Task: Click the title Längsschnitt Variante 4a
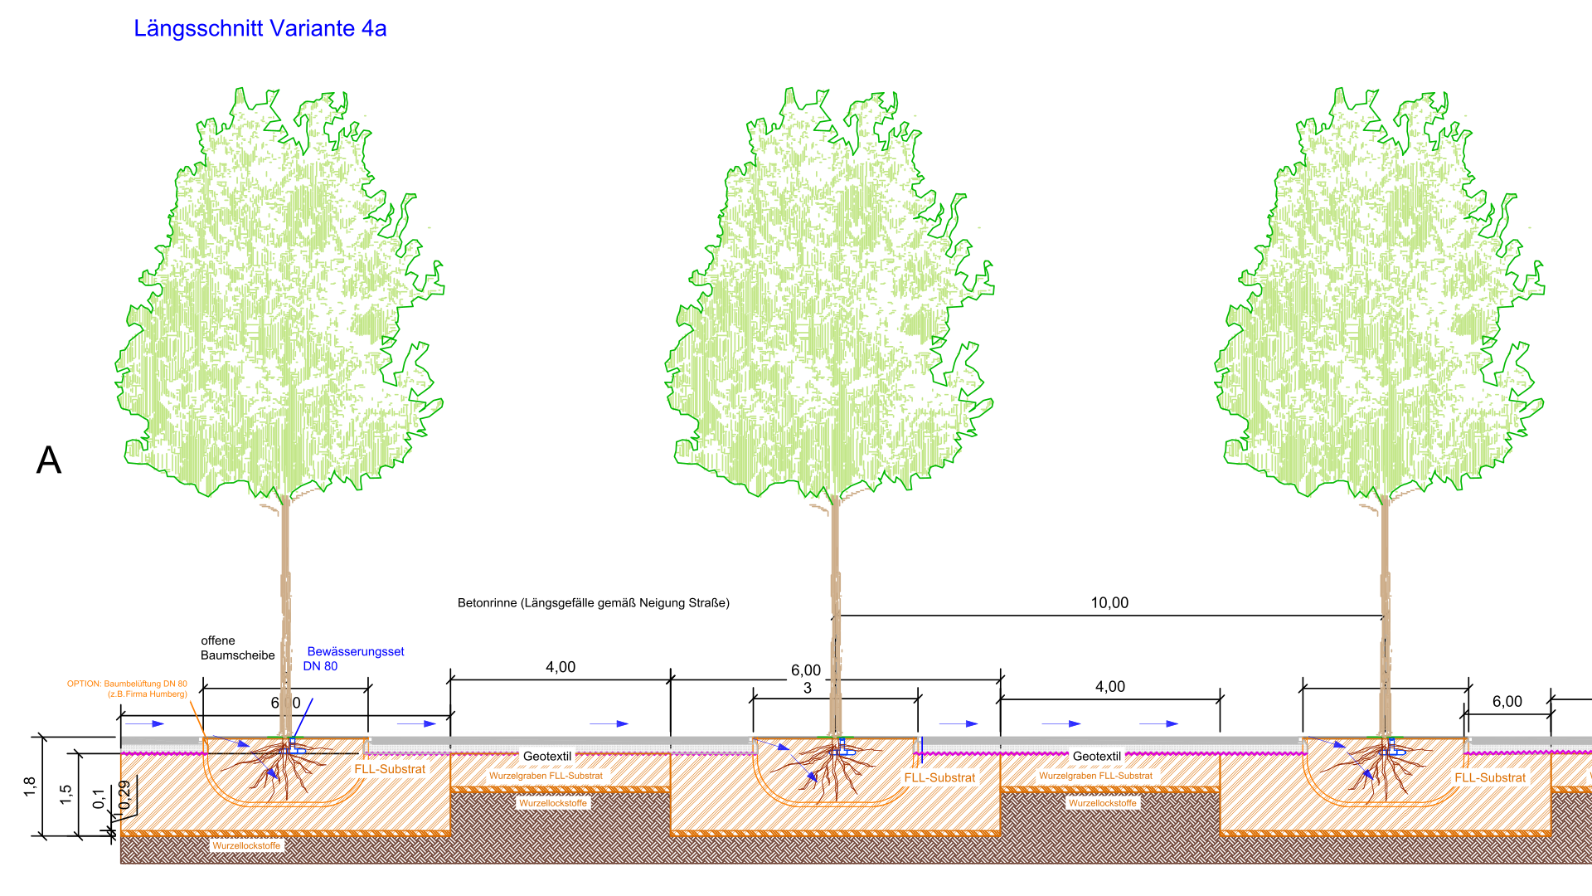pos(260,29)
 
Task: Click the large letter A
pos(49,460)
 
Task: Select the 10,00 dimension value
pos(1109,603)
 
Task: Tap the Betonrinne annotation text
pos(593,603)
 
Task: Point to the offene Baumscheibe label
pos(237,648)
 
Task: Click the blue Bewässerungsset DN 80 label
pos(354,659)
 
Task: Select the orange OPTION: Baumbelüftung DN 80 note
pos(128,689)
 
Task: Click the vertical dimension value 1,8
pos(30,786)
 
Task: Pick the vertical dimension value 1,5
pos(66,795)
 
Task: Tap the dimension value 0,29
pos(124,795)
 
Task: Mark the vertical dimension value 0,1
pos(99,799)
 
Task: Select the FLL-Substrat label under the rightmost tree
pos(1490,778)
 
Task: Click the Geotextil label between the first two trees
pos(547,757)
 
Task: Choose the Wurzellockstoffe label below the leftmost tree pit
pos(246,846)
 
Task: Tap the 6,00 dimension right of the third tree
pos(1507,702)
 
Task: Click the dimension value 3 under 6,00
pos(808,688)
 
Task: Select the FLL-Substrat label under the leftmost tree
pos(390,769)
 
